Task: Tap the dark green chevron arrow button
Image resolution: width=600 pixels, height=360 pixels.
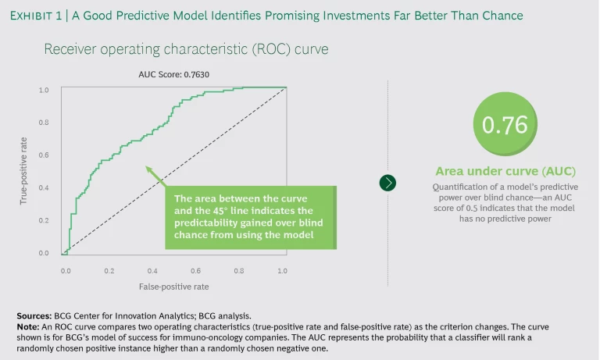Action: (x=387, y=183)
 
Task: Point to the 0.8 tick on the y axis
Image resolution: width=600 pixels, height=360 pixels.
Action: (x=45, y=123)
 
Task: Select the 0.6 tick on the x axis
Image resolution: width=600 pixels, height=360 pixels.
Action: (x=196, y=270)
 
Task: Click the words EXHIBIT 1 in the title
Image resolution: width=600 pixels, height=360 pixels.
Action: (x=36, y=15)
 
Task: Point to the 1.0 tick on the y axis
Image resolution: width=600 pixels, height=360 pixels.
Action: (x=45, y=91)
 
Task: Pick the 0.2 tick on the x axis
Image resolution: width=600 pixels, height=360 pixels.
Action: (x=109, y=270)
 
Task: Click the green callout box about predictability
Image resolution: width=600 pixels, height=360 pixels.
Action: (x=251, y=216)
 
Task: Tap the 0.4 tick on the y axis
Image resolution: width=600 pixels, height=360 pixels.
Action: (x=45, y=187)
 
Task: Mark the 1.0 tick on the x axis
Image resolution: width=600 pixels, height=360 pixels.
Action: (x=283, y=270)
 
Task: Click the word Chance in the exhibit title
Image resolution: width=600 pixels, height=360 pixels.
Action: (x=502, y=15)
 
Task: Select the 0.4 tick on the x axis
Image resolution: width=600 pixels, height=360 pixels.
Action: (x=152, y=270)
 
